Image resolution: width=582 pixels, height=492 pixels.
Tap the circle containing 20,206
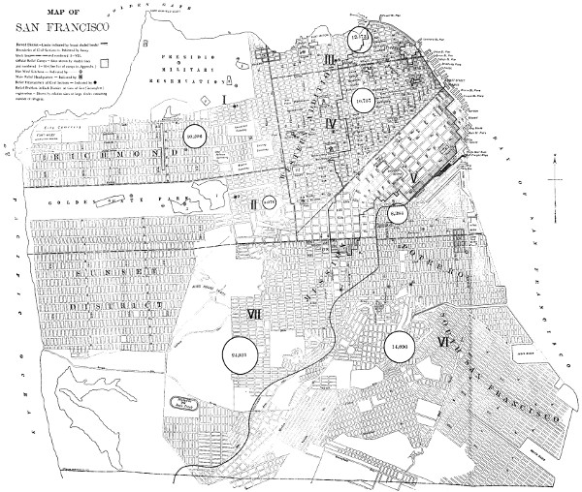click(194, 138)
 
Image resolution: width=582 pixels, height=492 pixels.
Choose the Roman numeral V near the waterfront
click(414, 178)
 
